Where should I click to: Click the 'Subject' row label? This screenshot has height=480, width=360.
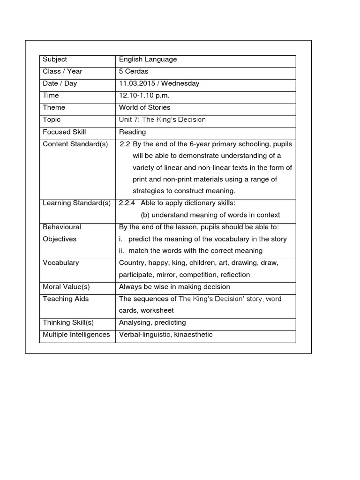tap(55, 60)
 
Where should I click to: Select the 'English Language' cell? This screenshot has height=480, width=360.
tap(148, 60)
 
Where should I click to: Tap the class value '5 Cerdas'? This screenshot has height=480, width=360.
tap(134, 71)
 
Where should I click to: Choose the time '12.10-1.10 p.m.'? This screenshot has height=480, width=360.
tap(144, 96)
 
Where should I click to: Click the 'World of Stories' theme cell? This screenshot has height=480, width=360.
tap(144, 107)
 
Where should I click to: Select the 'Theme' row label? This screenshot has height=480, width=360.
tap(54, 107)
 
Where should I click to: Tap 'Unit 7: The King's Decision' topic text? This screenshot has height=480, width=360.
tap(162, 120)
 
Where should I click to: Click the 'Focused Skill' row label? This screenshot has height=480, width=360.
tap(64, 132)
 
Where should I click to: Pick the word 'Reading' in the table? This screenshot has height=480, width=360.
tap(132, 132)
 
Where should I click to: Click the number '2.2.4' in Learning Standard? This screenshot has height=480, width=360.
tap(127, 203)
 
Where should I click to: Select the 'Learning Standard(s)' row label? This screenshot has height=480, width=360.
tap(76, 203)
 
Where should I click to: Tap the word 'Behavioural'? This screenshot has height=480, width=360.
tap(62, 227)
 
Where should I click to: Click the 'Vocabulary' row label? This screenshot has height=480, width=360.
tap(61, 262)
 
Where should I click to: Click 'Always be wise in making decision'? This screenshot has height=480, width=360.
tap(174, 287)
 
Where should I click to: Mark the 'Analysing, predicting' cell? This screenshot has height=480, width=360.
tap(152, 322)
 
